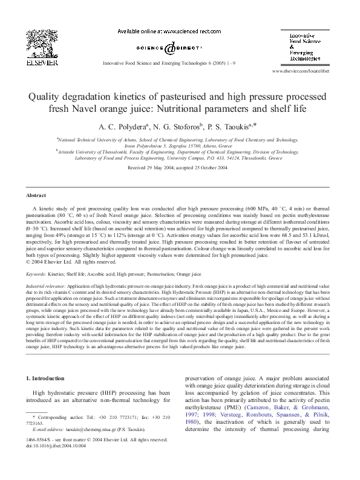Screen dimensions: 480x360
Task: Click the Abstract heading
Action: click(x=36, y=196)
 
